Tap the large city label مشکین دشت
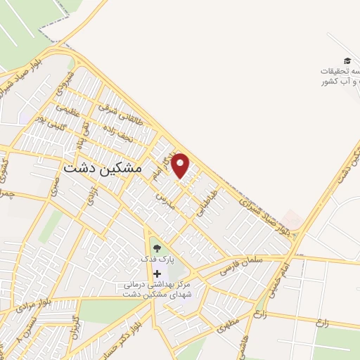pos(103,169)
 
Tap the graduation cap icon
pos(347,62)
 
